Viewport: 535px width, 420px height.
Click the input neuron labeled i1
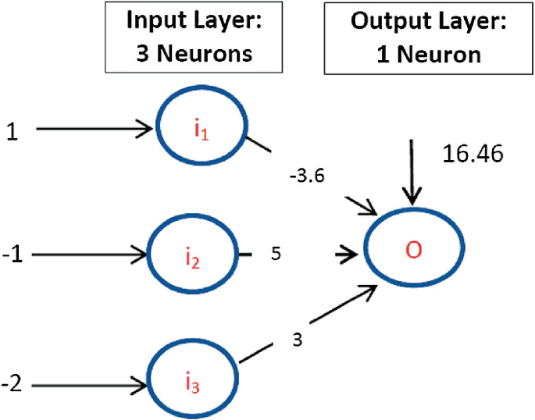202,129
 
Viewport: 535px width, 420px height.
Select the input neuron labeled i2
191,254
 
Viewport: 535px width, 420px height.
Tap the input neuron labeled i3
191,383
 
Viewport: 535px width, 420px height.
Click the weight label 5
275,254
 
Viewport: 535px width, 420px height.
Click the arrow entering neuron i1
94,129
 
